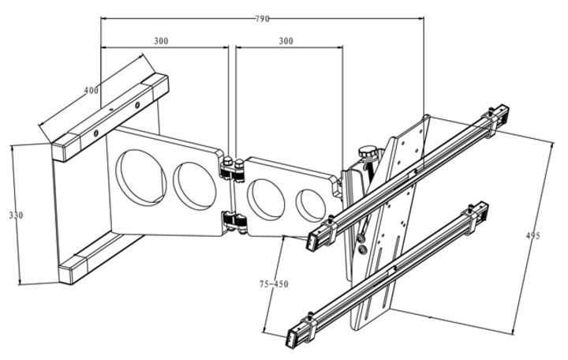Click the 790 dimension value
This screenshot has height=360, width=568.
[x=261, y=17]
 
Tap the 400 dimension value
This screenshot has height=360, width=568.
[x=91, y=90]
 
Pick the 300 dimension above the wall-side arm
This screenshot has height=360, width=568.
[x=161, y=40]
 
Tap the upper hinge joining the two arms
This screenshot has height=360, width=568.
[x=230, y=167]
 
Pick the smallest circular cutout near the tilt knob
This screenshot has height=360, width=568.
[x=310, y=204]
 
